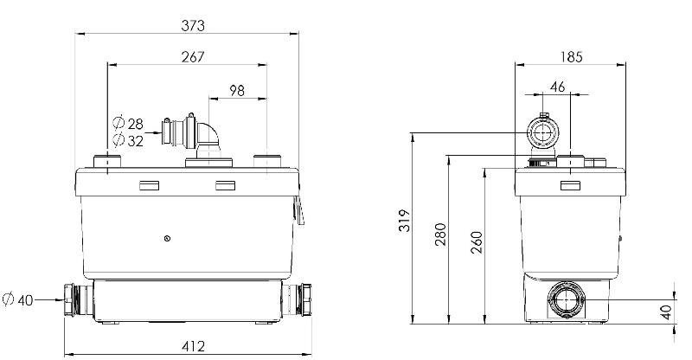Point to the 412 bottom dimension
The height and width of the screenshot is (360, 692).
point(194,346)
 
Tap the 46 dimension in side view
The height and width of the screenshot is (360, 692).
point(558,87)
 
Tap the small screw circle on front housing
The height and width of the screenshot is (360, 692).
point(166,237)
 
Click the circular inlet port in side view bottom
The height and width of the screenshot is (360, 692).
point(565,300)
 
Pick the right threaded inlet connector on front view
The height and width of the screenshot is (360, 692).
point(307,299)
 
